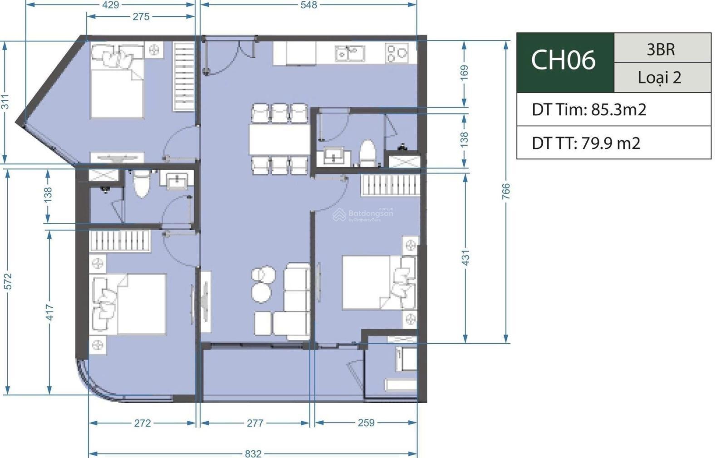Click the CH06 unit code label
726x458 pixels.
coord(563,60)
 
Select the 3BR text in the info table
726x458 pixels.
coord(661,49)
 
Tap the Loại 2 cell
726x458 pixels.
coord(660,78)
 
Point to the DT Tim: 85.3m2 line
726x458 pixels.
coord(589,109)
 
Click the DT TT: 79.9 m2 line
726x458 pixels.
coord(586,143)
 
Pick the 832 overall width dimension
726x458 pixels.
coord(253,453)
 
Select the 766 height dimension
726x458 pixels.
coord(506,191)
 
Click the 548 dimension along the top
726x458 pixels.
coord(309,5)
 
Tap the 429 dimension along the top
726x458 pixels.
coord(111,5)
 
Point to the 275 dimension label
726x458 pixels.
coord(141,16)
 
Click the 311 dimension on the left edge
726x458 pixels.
coord(5,102)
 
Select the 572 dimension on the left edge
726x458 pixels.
coord(8,281)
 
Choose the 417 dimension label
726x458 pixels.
coord(49,312)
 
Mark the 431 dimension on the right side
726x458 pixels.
coord(466,258)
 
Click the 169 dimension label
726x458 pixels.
coord(464,73)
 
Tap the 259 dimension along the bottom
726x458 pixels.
coord(366,423)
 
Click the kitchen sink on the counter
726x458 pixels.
coord(350,54)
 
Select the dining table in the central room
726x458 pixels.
coord(279,139)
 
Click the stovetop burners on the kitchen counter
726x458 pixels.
coord(397,53)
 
